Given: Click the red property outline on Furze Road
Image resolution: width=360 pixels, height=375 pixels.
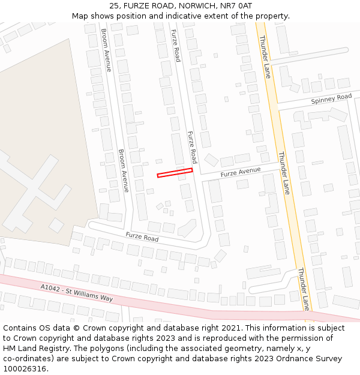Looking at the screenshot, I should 175,173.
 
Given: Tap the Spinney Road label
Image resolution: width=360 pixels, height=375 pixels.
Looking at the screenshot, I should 331,99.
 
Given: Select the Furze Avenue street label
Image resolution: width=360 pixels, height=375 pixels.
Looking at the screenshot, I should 241,172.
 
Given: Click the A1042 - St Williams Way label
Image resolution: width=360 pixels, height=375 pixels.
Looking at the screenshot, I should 77,293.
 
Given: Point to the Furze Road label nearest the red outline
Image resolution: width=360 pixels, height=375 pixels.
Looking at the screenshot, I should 191,147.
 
